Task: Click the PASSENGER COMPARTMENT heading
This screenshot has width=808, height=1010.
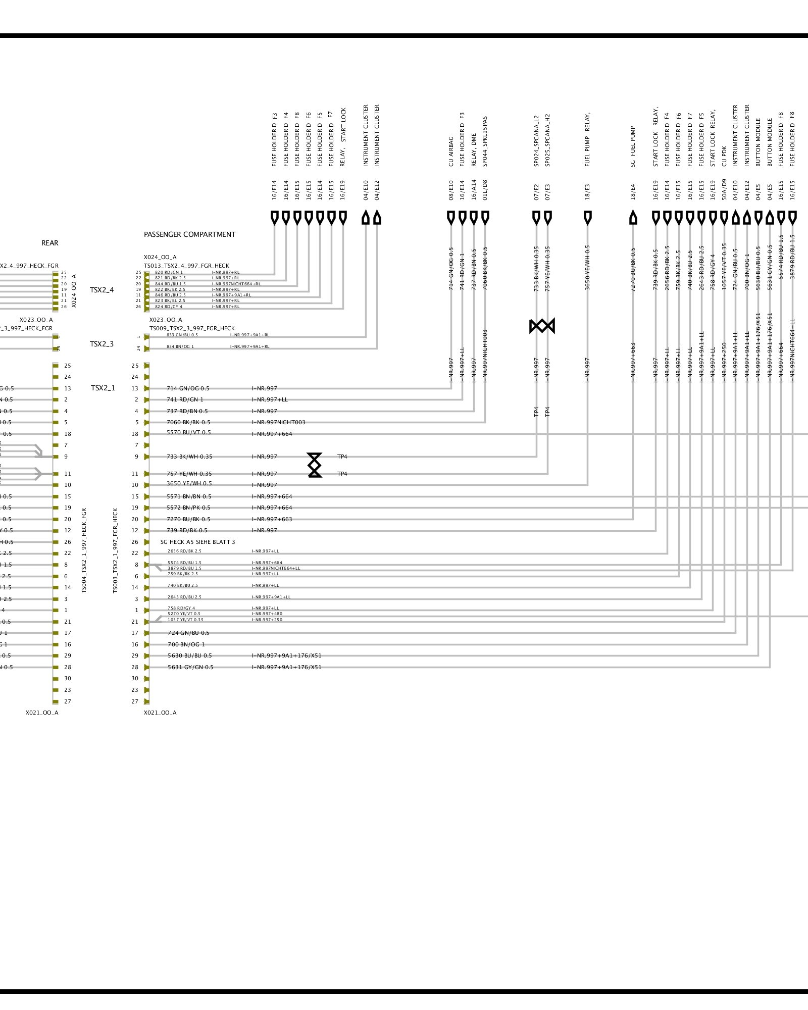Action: tap(189, 234)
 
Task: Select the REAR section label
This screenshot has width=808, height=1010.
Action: tap(49, 243)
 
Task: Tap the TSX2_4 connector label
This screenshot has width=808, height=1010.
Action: tap(102, 290)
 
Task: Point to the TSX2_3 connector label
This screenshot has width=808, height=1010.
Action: tap(102, 344)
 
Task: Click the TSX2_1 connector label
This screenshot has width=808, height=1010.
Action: tap(103, 388)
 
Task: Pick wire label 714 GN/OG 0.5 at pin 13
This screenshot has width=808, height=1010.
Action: tap(188, 388)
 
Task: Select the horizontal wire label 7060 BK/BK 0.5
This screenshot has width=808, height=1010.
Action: tap(188, 422)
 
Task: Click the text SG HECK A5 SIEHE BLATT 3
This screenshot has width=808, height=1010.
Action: tap(198, 542)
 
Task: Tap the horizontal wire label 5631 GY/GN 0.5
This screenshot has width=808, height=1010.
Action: tap(190, 667)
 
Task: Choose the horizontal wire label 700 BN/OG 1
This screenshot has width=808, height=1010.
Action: tap(186, 644)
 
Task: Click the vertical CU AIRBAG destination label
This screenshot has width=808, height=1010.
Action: tap(451, 151)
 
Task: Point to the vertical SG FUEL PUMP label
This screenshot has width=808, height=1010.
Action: tap(633, 146)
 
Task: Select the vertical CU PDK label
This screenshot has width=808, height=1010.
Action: tap(724, 156)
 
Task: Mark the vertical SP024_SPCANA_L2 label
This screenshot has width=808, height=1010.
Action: tap(536, 140)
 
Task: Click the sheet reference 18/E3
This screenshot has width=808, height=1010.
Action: tap(587, 192)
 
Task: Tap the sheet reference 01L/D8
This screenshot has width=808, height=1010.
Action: tap(485, 190)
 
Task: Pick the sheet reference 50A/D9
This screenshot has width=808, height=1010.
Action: tap(724, 190)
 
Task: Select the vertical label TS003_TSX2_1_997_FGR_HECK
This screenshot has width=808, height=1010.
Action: tap(115, 550)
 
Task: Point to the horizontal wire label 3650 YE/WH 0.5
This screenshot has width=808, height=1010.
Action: tap(189, 483)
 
